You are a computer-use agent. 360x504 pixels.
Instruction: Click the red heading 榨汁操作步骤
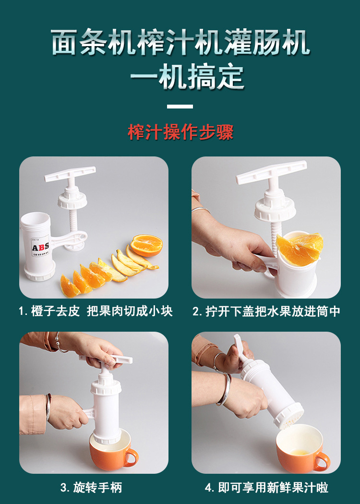coord(180,132)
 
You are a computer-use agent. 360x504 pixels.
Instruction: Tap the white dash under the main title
coord(180,107)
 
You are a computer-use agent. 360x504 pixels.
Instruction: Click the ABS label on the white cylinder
coord(40,247)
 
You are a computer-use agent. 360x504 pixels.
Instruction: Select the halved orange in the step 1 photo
coord(146,245)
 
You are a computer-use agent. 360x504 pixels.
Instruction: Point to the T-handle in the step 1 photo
coord(70,174)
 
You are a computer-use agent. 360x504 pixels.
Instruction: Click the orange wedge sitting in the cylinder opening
coord(300,249)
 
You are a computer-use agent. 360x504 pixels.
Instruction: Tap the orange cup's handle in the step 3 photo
coord(132,457)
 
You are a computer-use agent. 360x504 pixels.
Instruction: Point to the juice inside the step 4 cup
coord(300,451)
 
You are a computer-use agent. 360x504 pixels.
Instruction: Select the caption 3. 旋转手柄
coord(91,487)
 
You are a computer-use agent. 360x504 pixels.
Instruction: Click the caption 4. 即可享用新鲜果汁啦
coord(266,487)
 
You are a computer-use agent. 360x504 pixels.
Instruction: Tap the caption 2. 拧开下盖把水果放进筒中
coord(266,311)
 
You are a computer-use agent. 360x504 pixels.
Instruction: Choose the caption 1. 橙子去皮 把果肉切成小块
coord(96,311)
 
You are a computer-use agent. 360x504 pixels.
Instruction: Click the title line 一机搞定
coord(187,77)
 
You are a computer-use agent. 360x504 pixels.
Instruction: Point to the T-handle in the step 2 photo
coord(271,172)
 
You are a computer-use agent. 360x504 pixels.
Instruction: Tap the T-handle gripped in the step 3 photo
coord(106,360)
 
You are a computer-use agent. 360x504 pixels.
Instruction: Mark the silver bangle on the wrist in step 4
coord(225,388)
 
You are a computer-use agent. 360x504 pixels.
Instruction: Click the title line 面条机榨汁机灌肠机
coord(180,42)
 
